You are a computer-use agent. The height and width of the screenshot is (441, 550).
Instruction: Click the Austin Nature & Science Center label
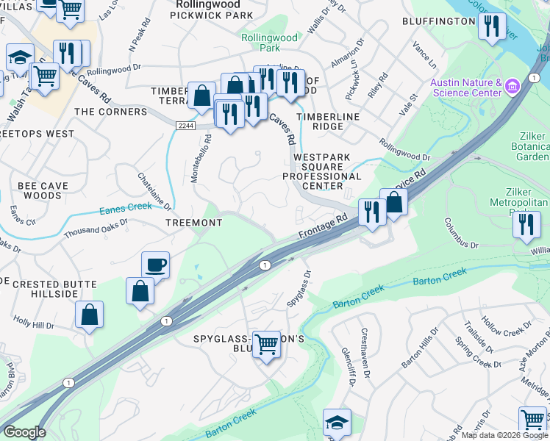tap(465, 88)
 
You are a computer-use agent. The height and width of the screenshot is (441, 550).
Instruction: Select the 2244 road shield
tap(186, 126)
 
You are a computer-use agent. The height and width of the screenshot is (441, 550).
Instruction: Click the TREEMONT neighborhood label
tap(194, 223)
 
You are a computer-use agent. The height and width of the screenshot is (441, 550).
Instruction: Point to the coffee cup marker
tap(156, 264)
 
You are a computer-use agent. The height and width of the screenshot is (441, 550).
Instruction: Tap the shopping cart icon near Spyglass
tap(265, 343)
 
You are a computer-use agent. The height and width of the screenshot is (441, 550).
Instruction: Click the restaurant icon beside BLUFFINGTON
tap(490, 26)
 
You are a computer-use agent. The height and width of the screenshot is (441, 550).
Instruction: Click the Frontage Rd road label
tap(323, 226)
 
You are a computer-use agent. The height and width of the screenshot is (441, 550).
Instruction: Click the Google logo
tap(24, 432)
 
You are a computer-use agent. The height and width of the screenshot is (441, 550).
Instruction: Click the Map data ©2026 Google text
tap(504, 435)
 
